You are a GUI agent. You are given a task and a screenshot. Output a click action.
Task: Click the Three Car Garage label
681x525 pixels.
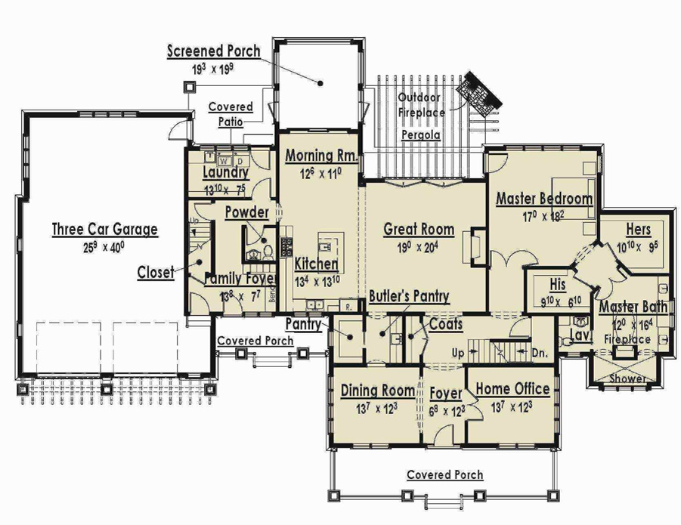[104, 230]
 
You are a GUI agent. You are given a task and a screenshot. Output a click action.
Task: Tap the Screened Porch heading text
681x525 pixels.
[214, 51]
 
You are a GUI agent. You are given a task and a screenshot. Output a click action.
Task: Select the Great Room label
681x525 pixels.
[419, 229]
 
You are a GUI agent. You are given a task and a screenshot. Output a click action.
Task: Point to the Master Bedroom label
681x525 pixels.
[544, 199]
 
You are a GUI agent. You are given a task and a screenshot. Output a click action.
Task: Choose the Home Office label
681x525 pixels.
[512, 389]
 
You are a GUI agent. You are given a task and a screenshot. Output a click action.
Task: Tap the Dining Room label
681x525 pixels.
[377, 390]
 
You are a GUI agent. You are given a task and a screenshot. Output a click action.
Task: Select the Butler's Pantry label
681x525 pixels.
[409, 296]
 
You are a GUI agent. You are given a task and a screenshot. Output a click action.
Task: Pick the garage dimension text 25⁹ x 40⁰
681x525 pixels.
[104, 246]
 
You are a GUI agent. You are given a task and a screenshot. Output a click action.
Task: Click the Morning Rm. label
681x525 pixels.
[320, 156]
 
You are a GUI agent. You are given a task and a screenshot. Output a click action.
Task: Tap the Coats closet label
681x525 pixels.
[446, 323]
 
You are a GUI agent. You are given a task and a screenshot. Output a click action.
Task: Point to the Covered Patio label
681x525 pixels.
[231, 114]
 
